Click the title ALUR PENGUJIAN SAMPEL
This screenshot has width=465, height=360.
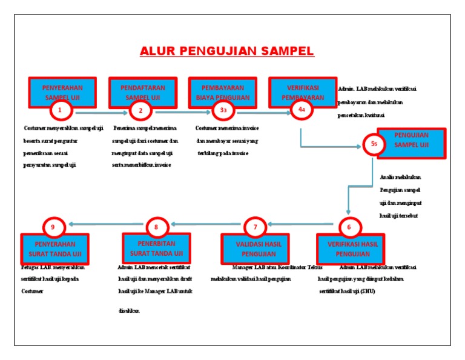pyautogui.click(x=227, y=51)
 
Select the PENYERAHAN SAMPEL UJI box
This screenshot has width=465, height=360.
pyautogui.click(x=62, y=90)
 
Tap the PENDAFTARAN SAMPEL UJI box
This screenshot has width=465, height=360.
pyautogui.click(x=142, y=91)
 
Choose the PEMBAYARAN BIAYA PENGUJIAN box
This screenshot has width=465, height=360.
pyautogui.click(x=222, y=91)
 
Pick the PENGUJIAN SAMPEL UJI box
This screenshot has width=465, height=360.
pyautogui.click(x=412, y=142)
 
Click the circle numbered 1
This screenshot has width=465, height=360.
pyautogui.click(x=61, y=110)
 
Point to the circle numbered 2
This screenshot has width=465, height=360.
pyautogui.click(x=140, y=110)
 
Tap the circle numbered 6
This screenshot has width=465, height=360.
pyautogui.click(x=349, y=227)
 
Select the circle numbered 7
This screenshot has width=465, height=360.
pyautogui.click(x=256, y=227)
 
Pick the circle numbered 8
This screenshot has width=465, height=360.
pyautogui.click(x=156, y=227)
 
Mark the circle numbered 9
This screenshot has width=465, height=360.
pyautogui.click(x=53, y=227)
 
